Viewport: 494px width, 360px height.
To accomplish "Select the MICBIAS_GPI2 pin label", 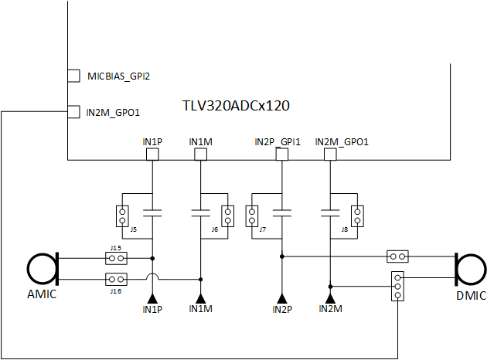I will [118, 76].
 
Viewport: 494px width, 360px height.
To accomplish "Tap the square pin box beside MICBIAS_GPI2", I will [73, 76].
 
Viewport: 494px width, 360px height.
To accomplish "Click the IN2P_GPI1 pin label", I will [278, 142].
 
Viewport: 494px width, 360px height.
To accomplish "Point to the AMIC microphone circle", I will [43, 269].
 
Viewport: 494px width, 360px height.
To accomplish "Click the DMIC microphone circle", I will [471, 269].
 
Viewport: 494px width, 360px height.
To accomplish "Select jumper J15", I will [117, 258].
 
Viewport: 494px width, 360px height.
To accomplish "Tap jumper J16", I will [117, 279].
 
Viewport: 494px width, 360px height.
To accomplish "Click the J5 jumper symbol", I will [121, 216].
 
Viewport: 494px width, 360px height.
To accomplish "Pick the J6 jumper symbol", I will [227, 216].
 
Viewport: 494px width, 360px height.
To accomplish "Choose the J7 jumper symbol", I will [251, 216].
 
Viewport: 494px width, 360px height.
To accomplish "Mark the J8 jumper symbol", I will [356, 216].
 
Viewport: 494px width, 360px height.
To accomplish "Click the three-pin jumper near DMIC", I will [397, 284].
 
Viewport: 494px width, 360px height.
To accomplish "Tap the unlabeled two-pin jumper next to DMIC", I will [397, 256].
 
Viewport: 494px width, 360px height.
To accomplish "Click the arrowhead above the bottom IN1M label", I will [201, 298].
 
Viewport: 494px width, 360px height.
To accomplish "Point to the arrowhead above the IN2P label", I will [282, 298].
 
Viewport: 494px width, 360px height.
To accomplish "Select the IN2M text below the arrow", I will [330, 310].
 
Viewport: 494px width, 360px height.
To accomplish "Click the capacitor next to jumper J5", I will [153, 211].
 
